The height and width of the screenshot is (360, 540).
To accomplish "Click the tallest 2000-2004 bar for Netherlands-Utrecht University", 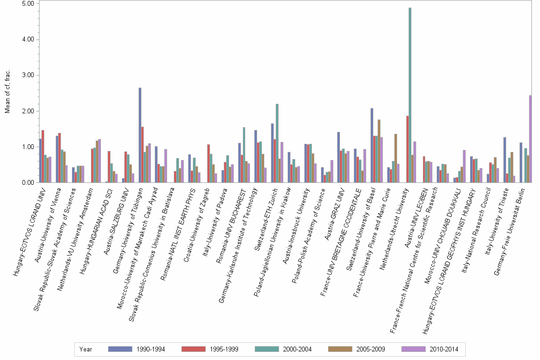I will (410, 95).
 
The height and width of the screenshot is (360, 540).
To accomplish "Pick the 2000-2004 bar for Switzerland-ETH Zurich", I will (277, 143).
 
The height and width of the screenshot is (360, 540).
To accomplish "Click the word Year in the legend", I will (86, 349).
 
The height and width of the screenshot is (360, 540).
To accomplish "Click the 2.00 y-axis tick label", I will (28, 111).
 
